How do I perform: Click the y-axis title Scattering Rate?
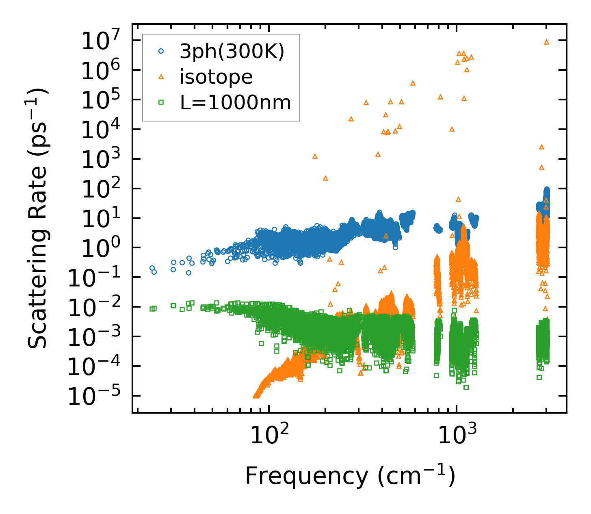tap(38, 218)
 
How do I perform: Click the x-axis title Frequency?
tap(350, 476)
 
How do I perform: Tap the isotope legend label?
tap(216, 77)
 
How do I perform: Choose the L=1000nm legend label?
tap(236, 103)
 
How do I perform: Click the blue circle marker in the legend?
tap(161, 52)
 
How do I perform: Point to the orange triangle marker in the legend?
tap(161, 77)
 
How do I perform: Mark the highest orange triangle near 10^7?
tap(546, 42)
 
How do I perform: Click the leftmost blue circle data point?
tap(152, 268)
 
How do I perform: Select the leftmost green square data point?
tap(152, 309)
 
